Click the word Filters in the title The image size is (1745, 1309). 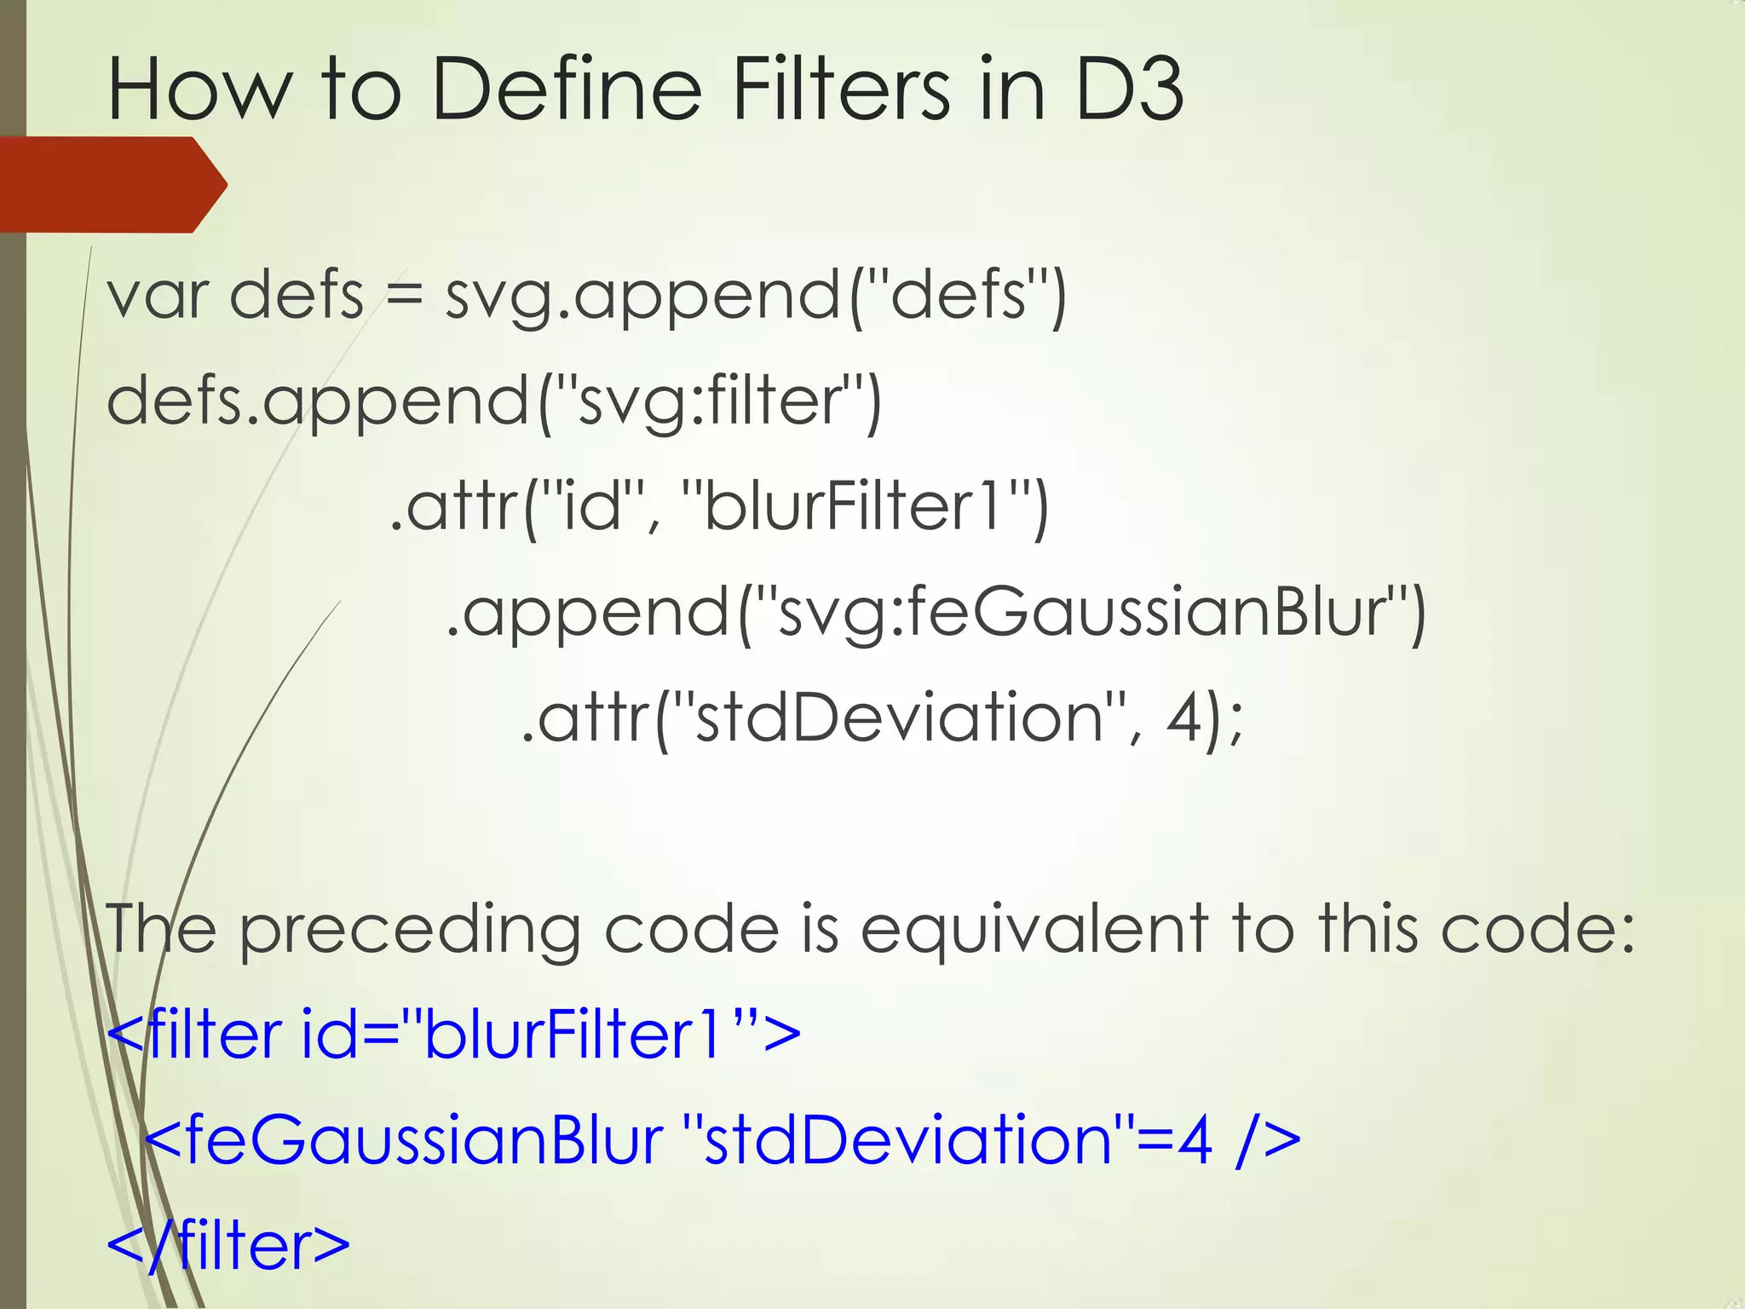839,89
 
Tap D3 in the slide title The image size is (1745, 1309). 1130,89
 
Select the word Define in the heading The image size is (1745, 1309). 567,89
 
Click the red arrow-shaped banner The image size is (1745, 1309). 111,184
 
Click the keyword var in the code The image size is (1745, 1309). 157,296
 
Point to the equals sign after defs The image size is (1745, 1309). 404,296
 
